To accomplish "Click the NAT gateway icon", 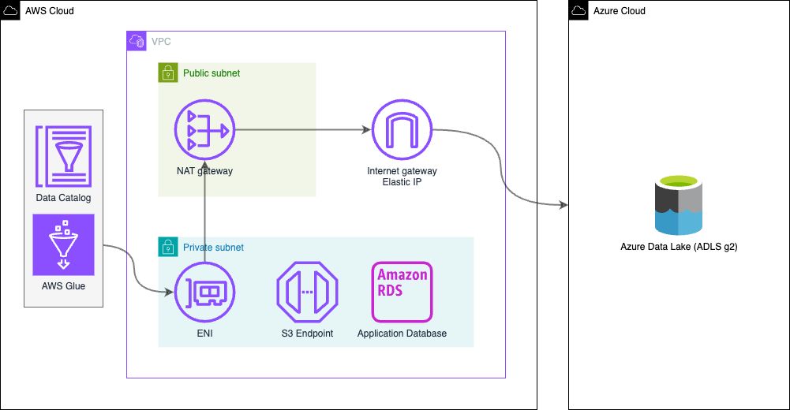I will [204, 129].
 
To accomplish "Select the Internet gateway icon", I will [402, 129].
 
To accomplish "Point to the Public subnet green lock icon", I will [167, 73].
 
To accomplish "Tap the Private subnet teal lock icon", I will [167, 247].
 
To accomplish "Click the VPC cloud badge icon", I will [137, 41].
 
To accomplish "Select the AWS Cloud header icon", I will [10, 10].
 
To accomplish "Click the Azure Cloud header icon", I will [578, 10].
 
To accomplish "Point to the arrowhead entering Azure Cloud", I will [563, 205].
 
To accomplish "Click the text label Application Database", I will [402, 334].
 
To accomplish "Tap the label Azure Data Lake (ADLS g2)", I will [679, 247].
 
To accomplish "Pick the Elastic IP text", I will [402, 182].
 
